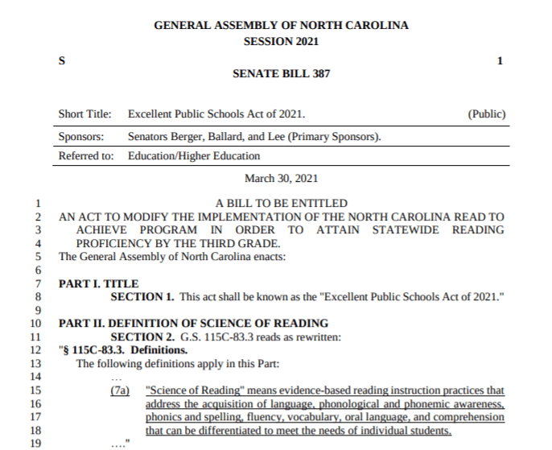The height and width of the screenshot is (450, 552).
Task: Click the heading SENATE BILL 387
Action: (281, 73)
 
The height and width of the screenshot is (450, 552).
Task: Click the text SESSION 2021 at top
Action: (281, 41)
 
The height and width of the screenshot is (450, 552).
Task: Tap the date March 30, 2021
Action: (281, 178)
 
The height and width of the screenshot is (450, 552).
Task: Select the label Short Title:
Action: (85, 114)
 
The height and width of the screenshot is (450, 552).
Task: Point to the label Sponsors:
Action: (84, 136)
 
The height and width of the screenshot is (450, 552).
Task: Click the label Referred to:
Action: (86, 155)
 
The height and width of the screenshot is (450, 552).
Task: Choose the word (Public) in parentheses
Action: (486, 114)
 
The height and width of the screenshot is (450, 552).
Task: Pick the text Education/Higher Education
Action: (194, 155)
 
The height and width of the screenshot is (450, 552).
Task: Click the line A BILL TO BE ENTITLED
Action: (282, 204)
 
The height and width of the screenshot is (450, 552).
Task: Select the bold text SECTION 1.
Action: (142, 297)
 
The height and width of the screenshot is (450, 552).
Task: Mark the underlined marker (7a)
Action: (120, 390)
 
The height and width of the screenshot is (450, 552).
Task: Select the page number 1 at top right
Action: (500, 61)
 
